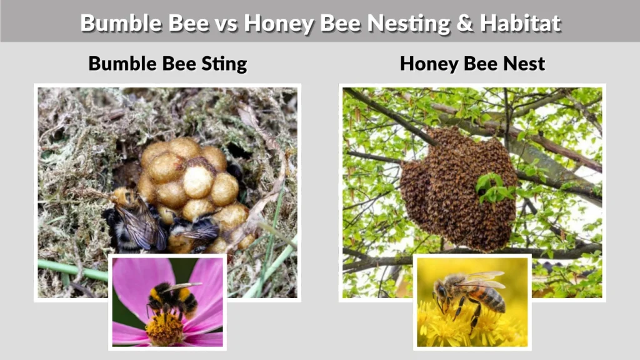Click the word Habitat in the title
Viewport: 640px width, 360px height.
tap(521, 22)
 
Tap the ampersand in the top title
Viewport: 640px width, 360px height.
tap(464, 22)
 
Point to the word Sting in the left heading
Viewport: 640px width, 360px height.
tap(222, 63)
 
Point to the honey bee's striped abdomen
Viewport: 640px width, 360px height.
tap(491, 298)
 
